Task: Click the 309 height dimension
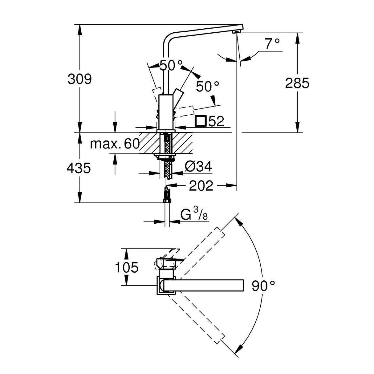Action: (79, 79)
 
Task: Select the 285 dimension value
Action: (297, 83)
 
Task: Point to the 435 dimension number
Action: (79, 168)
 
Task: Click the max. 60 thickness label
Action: (115, 144)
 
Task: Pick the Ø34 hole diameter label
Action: (198, 167)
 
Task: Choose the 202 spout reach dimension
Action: (201, 186)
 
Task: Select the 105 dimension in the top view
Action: (126, 267)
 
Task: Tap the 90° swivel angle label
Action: (263, 286)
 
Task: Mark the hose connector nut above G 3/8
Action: (166, 201)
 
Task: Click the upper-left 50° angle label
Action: (171, 65)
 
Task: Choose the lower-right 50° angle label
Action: (208, 87)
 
